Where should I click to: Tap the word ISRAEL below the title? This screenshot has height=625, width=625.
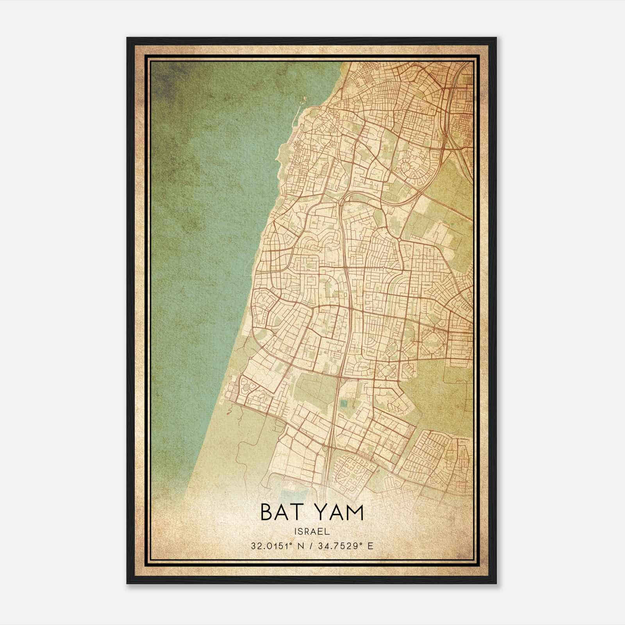click(x=312, y=531)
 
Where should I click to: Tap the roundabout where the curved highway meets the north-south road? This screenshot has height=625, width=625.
click(x=342, y=201)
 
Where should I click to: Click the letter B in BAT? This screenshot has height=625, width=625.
click(x=267, y=513)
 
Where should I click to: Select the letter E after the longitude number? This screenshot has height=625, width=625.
click(x=371, y=546)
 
